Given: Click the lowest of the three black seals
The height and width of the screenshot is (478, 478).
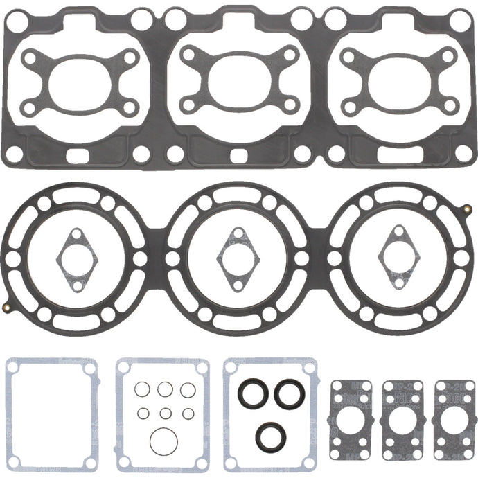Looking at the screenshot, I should [269, 435].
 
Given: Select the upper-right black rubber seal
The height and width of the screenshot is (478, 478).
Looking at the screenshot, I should [289, 393].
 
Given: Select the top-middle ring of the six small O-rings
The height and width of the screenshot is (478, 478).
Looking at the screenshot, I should [164, 390].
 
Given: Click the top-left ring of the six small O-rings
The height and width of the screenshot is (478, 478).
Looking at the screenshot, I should [143, 390].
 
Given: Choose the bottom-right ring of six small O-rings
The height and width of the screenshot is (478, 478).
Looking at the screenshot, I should [187, 413].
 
